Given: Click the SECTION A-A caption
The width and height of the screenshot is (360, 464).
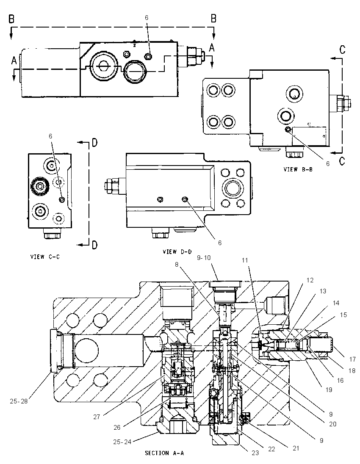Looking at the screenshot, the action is point(164,453).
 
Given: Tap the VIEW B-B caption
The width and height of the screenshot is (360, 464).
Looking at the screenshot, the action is point(298,170).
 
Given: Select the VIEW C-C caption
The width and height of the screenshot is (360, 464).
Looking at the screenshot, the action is point(45,257).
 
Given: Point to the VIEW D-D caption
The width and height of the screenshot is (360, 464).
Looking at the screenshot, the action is point(177,252).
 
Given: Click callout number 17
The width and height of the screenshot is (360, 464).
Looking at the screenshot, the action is point(352,359).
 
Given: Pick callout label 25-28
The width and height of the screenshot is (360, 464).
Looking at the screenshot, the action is point(19,402).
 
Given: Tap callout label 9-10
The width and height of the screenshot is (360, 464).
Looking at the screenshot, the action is point(204,258).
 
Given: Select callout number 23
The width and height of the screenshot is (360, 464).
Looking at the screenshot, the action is point(255,453).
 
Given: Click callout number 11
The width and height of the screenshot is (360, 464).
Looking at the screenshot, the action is point(244,260).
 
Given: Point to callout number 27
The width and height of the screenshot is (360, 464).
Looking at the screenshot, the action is point(97,417).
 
